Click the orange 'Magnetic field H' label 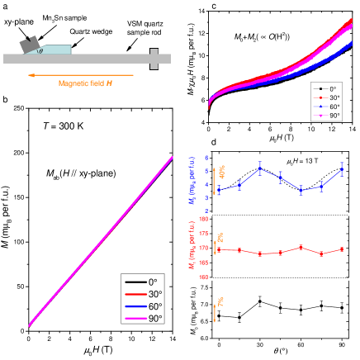point(85,83)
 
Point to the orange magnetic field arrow point(83,75)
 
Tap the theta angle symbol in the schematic point(41,50)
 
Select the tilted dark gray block point(31,45)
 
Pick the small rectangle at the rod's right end point(154,59)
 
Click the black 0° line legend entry point(142,282)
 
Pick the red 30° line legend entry point(142,293)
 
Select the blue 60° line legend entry point(142,306)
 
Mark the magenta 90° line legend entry point(142,317)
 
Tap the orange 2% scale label point(220,238)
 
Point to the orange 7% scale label point(220,302)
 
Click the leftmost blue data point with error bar point(219,190)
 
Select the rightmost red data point point(341,249)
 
